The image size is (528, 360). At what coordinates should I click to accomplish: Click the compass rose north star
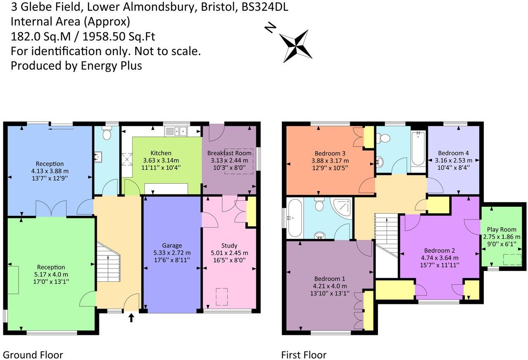[x=296, y=46]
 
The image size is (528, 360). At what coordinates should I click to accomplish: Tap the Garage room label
[x=171, y=245]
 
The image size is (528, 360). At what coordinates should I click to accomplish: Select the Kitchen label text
[x=161, y=153]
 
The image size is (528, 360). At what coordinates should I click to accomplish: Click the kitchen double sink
[x=176, y=131]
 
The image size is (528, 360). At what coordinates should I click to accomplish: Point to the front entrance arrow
[x=131, y=318]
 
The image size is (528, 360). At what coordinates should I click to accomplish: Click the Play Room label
[x=501, y=229]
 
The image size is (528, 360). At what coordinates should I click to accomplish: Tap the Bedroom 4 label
[x=453, y=153]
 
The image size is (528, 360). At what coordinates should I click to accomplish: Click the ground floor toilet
[x=107, y=134]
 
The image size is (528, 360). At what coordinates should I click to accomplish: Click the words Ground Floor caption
[x=33, y=355]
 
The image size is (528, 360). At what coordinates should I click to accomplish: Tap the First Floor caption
[x=304, y=355]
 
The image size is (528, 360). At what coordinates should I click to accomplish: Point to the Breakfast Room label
[x=229, y=153]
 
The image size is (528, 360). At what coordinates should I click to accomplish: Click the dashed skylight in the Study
[x=221, y=297]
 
